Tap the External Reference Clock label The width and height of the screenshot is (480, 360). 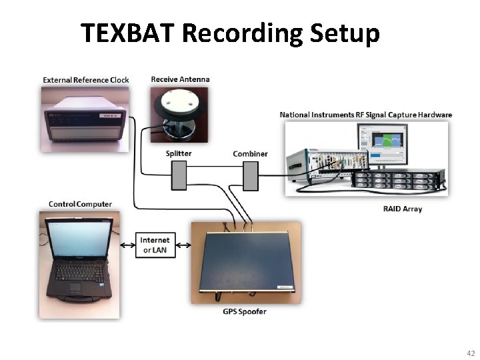(x=86, y=80)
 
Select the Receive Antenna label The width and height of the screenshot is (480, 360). (x=180, y=79)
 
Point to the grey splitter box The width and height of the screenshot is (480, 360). (x=179, y=176)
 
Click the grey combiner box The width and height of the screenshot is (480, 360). (x=250, y=176)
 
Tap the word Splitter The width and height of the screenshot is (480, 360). (x=179, y=154)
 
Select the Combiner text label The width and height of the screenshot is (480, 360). (x=250, y=154)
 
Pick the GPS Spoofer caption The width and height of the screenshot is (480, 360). (x=244, y=311)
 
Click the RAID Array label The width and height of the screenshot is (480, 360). (x=403, y=209)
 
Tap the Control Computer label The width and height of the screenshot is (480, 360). (x=80, y=204)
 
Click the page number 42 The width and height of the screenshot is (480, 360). (x=471, y=353)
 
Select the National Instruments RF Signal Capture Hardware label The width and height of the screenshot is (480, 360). (x=365, y=115)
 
